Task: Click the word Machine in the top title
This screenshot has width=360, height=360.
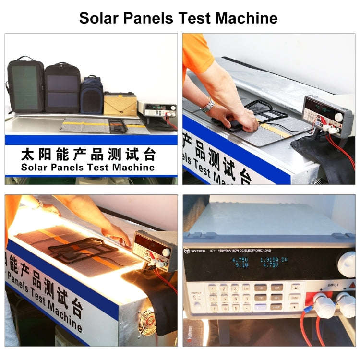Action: pyautogui.click(x=246, y=18)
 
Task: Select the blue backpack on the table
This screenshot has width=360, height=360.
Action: pyautogui.click(x=92, y=95)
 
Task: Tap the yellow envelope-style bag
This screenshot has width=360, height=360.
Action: pyautogui.click(x=120, y=103)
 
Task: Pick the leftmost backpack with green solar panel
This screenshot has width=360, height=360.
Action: pyautogui.click(x=25, y=86)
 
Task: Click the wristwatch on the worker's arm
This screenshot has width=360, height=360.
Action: pyautogui.click(x=207, y=105)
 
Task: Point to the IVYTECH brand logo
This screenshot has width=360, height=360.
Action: pyautogui.click(x=195, y=250)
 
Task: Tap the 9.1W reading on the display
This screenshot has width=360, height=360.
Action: pyautogui.click(x=241, y=264)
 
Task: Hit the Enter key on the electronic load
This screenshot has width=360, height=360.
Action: pyautogui.click(x=296, y=298)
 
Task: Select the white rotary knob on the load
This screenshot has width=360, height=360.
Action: pyautogui.click(x=347, y=261)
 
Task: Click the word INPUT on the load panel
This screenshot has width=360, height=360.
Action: pyautogui.click(x=333, y=284)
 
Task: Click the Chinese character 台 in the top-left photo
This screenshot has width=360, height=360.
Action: pyautogui.click(x=150, y=155)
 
